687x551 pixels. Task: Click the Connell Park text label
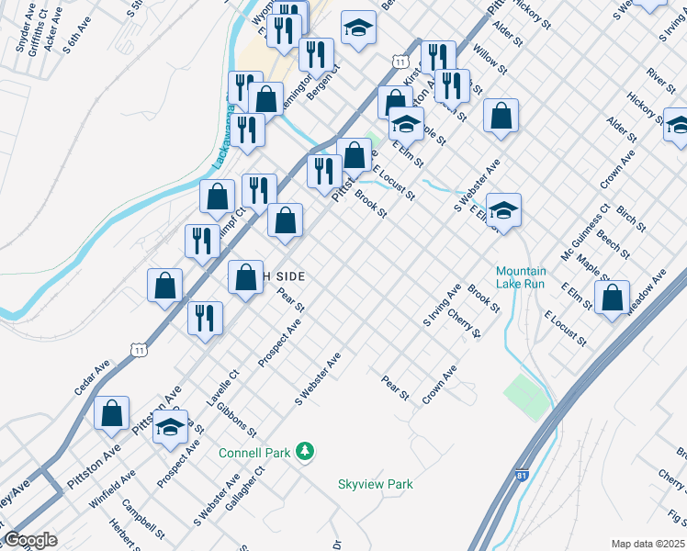point(254,453)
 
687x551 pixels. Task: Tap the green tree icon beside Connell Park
point(304,452)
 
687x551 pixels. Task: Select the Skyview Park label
point(376,484)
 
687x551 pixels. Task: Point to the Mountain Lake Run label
point(521,277)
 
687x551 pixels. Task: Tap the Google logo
point(29,540)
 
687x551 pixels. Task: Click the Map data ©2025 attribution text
point(648,544)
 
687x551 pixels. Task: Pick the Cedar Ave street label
point(92,377)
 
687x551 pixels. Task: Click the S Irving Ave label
point(442,306)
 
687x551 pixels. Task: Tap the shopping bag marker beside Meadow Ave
point(612,298)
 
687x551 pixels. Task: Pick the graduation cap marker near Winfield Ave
point(170,427)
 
